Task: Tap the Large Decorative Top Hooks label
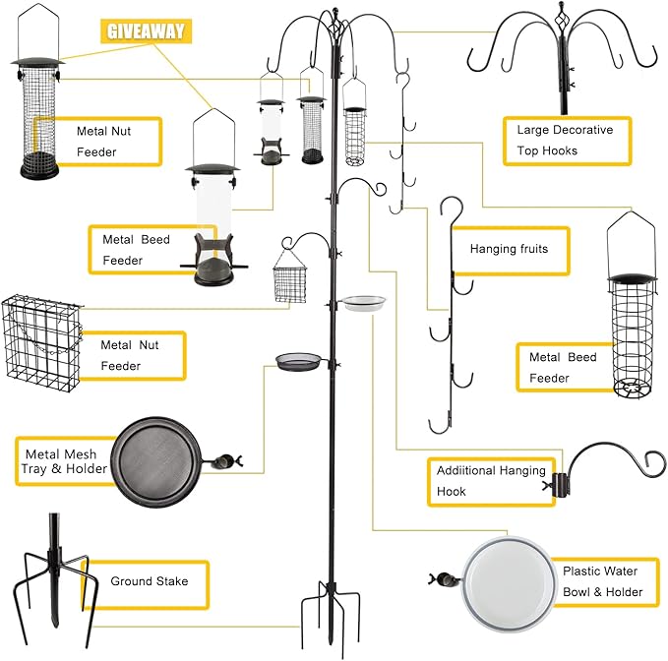565,140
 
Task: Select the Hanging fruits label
508,249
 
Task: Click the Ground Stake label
150,581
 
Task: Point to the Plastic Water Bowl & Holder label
601,581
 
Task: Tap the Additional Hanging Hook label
490,481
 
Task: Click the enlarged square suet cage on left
41,336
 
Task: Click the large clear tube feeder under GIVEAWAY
213,221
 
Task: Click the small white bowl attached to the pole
364,302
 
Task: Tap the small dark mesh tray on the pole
299,361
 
